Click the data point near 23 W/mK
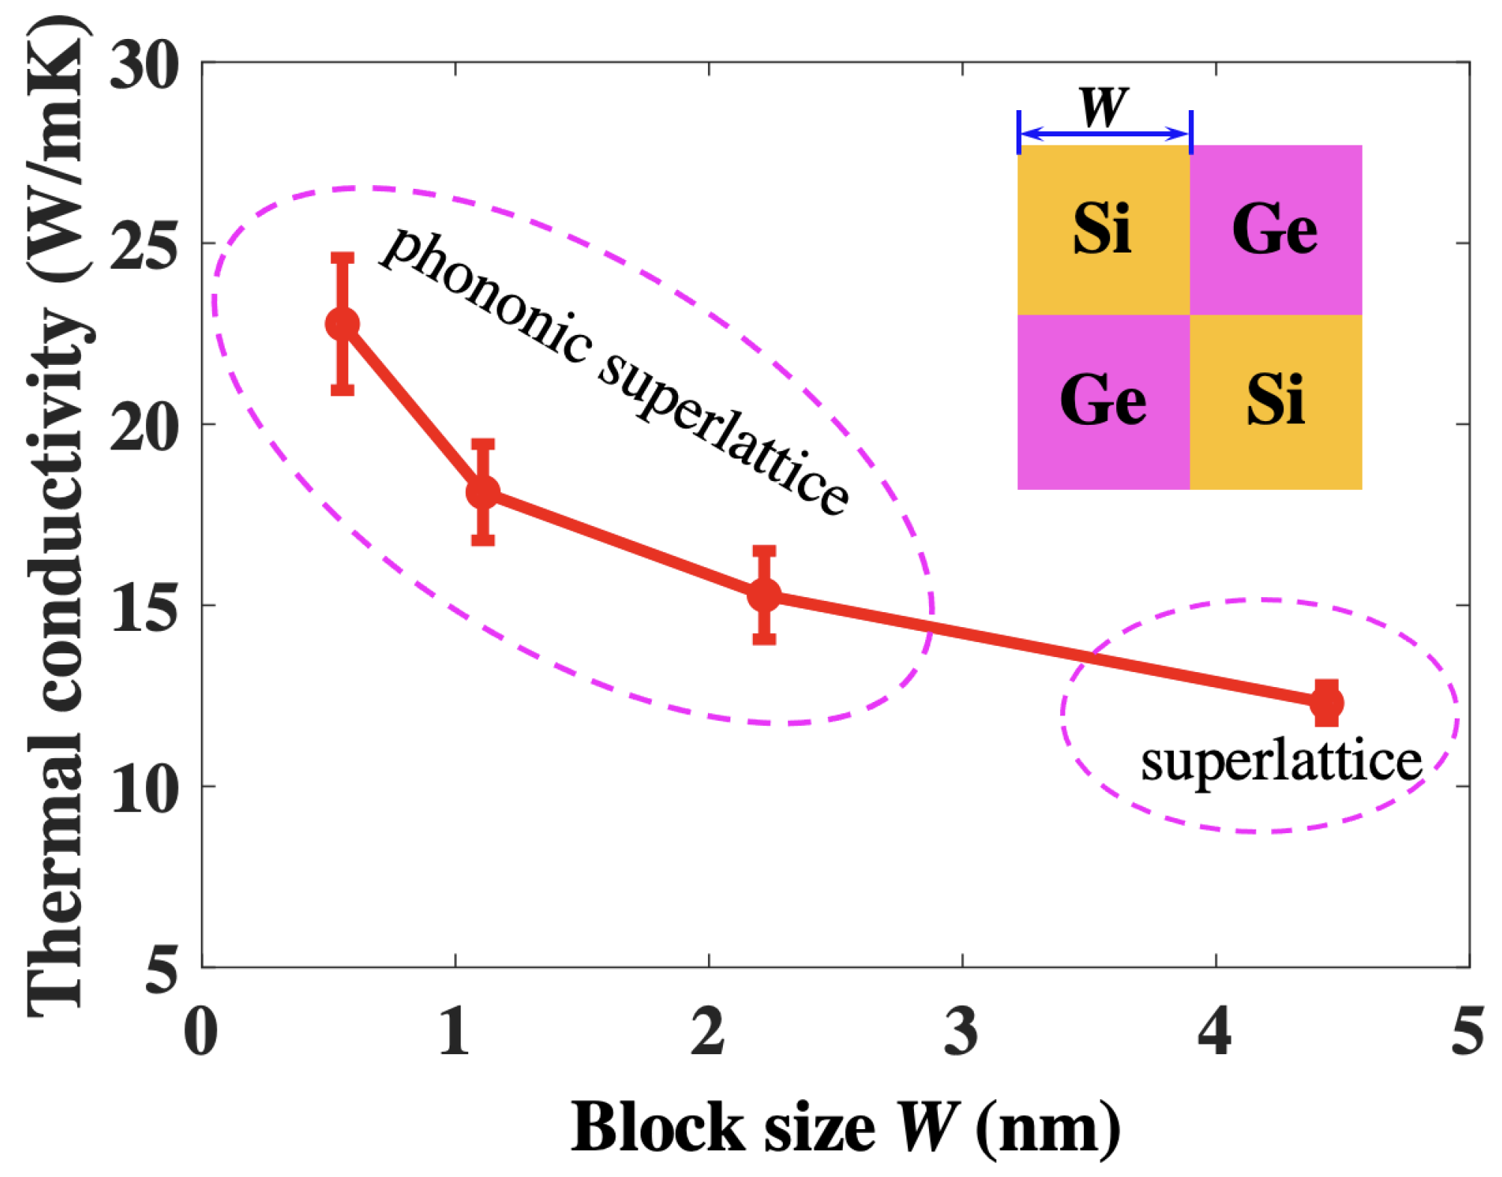pos(342,324)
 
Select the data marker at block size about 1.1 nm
pos(482,492)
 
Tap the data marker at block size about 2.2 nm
pos(764,595)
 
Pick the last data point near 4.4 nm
pos(1327,703)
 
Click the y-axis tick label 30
pos(145,66)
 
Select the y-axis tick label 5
pos(161,968)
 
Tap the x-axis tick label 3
pos(961,1032)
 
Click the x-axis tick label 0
pos(201,1032)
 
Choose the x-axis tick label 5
pos(1468,1032)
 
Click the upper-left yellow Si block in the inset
pos(1103,229)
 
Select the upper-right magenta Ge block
pos(1276,229)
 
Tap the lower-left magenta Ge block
pos(1103,402)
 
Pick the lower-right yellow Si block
pos(1276,402)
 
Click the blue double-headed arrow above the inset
pos(1104,134)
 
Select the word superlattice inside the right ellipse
pos(1280,763)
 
